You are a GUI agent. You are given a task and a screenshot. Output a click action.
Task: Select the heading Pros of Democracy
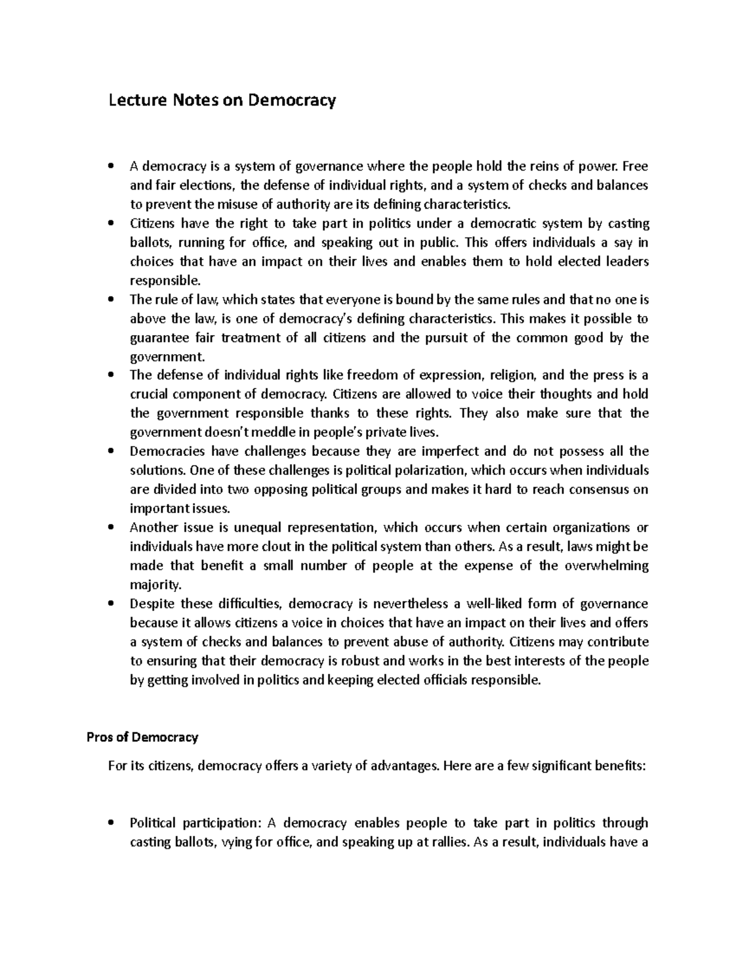point(142,737)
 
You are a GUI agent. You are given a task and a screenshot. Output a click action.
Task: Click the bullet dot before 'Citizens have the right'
point(111,224)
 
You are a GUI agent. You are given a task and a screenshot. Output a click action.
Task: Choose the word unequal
point(258,528)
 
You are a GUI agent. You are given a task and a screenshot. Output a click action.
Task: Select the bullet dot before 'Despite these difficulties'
point(111,604)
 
